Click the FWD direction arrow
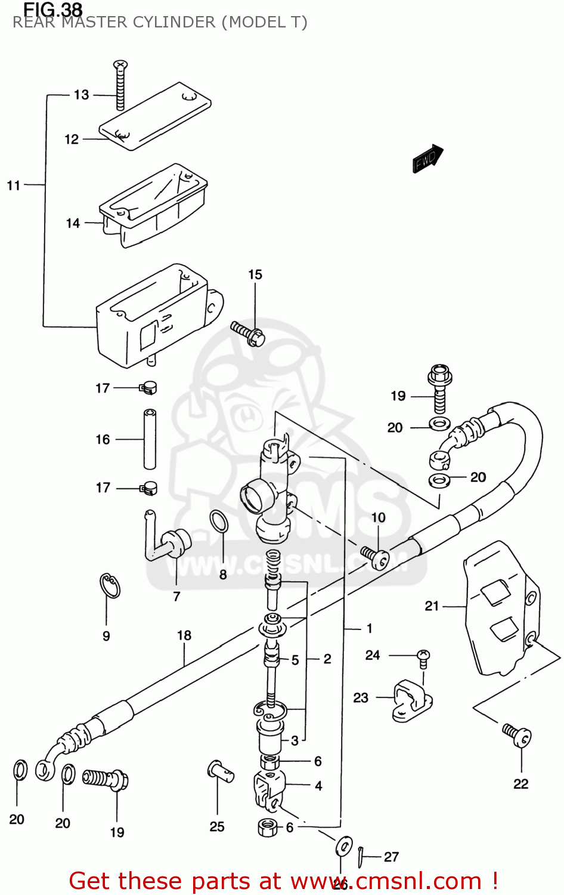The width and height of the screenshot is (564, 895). point(427,159)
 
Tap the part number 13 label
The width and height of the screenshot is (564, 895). point(81,95)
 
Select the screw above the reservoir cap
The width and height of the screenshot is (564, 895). point(120,85)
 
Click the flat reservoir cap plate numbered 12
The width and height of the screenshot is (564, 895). point(155,116)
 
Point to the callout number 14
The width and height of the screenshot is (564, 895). point(73,223)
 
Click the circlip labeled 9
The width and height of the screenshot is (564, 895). point(110,585)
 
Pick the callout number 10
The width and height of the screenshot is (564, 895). point(379,517)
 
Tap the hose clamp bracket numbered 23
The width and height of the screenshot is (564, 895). point(411,699)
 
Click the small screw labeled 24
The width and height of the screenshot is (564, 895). point(423,657)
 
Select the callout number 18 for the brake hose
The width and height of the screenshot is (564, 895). point(184,635)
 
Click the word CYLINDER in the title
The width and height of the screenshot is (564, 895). point(174,22)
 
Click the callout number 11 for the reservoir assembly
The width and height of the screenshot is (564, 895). point(14,186)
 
